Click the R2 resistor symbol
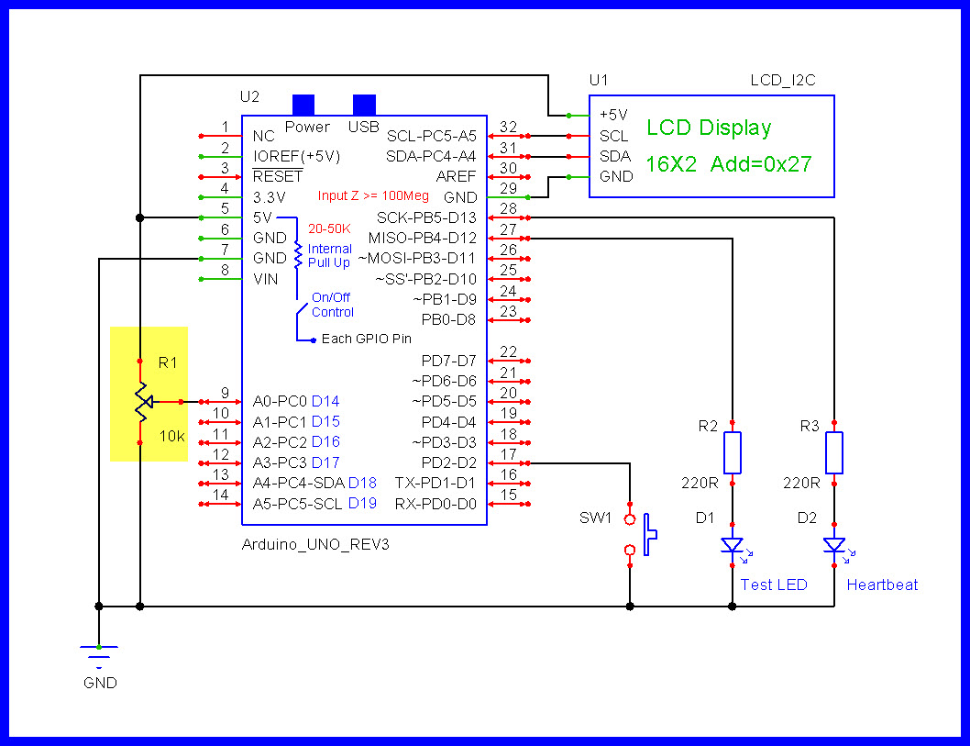(x=732, y=452)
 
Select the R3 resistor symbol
(x=833, y=452)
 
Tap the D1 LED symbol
(x=732, y=545)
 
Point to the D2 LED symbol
(x=833, y=545)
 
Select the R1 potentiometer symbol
(x=141, y=401)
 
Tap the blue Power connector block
(x=303, y=104)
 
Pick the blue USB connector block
(x=364, y=104)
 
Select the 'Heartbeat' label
(x=882, y=585)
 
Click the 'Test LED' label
(x=774, y=585)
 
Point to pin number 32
(x=509, y=128)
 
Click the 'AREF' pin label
(x=456, y=176)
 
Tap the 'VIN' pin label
(x=265, y=279)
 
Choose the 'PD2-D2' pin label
(x=448, y=462)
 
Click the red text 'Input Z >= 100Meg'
(x=372, y=195)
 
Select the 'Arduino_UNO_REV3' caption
(x=315, y=544)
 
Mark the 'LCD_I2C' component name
(x=782, y=81)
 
